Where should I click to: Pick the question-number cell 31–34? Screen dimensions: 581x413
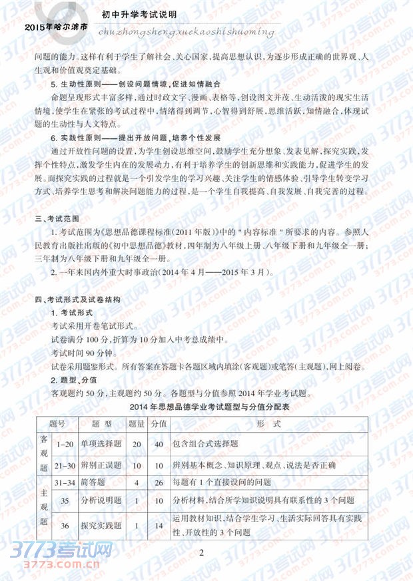(65, 483)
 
